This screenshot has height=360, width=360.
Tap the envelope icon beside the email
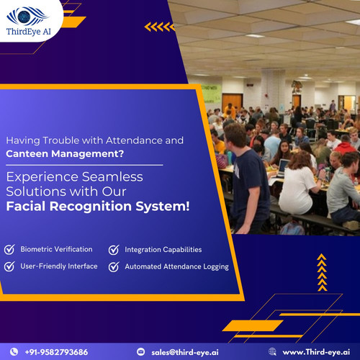click(141, 352)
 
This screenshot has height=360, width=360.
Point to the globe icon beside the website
click(272, 352)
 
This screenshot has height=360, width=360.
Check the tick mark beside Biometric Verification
click(9, 249)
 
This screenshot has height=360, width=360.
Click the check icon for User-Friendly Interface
click(9, 266)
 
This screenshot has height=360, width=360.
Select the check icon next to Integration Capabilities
click(113, 250)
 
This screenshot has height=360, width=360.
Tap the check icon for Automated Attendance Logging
click(113, 267)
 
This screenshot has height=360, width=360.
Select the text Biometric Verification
click(56, 249)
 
